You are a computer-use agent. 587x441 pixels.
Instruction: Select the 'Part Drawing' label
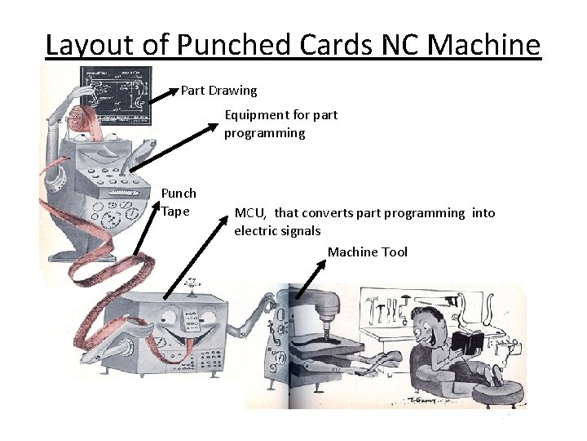pos(218,90)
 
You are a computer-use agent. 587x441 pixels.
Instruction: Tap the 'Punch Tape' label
pos(179,203)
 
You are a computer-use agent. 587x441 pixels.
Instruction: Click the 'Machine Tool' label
pos(367,252)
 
